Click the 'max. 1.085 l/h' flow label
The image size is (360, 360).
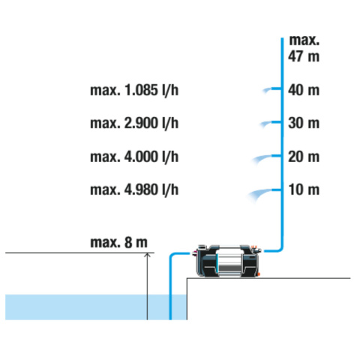(x=134, y=90)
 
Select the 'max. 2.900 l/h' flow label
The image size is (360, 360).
(x=134, y=123)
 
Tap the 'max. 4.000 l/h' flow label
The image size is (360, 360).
(x=134, y=157)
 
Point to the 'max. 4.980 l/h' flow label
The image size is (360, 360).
(x=134, y=190)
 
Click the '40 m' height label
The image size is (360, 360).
(x=304, y=90)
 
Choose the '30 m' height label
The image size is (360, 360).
(x=304, y=123)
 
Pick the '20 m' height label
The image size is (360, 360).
(x=304, y=157)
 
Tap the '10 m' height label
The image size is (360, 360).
(x=304, y=190)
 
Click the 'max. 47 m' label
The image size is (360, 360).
(x=304, y=48)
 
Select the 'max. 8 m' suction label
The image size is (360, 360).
(x=118, y=242)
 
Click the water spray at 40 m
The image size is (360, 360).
(x=267, y=90)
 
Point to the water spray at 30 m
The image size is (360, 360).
(x=265, y=124)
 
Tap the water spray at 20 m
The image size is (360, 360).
(x=261, y=158)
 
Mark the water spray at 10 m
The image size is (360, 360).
(x=259, y=193)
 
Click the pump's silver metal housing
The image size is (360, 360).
(x=229, y=262)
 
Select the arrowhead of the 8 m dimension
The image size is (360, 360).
(x=147, y=255)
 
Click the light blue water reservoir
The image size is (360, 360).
(x=96, y=307)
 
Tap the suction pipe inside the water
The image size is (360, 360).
(x=170, y=307)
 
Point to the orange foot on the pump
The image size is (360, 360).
(x=258, y=274)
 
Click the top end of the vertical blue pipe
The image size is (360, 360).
(x=282, y=38)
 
